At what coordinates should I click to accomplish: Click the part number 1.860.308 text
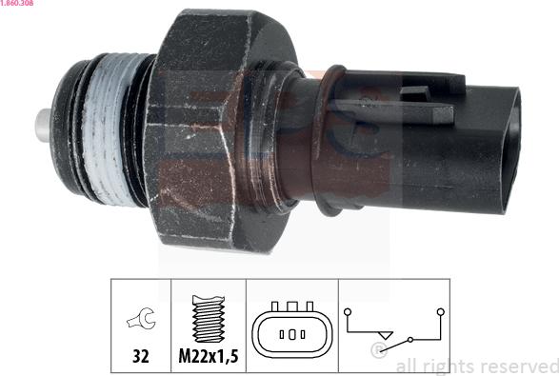17,3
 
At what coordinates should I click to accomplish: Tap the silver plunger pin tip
43,126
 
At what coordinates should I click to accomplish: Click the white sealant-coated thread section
105,130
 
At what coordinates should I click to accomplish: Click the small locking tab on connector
415,93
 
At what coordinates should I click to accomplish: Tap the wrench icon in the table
141,318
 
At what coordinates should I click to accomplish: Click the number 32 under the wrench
140,356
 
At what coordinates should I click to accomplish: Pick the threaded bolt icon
209,319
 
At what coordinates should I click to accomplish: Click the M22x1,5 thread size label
209,356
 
